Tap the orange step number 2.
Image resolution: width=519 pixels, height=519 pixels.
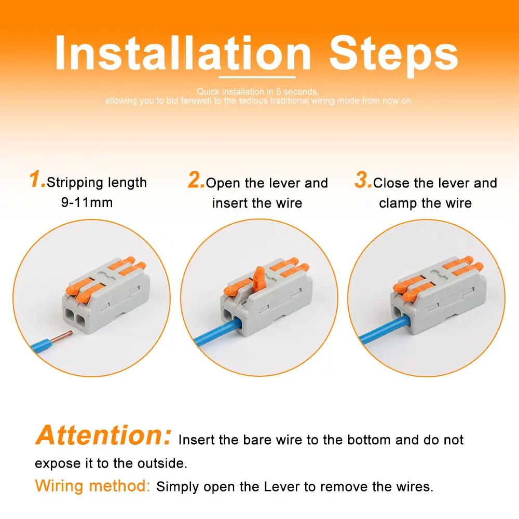coord(196,181)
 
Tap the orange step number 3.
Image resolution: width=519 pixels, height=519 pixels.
coord(363,181)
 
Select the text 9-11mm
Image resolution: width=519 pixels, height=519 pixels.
coord(87,202)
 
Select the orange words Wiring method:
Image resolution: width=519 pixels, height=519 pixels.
coord(92,486)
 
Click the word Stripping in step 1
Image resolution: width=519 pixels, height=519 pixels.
coord(76,183)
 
